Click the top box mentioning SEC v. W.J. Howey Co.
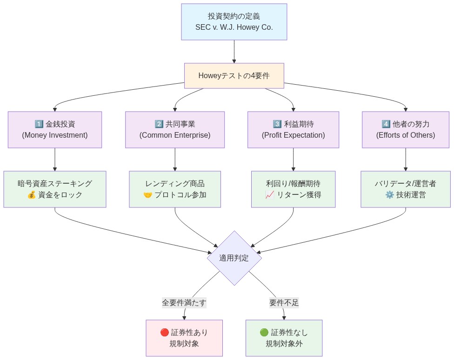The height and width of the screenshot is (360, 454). click(234, 22)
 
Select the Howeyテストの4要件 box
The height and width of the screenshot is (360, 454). click(234, 76)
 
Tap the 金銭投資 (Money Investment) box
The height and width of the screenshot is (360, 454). click(55, 130)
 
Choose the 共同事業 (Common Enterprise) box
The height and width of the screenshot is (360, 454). click(175, 130)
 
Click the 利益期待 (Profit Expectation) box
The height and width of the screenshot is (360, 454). click(293, 130)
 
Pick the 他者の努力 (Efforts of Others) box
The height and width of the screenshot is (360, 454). click(406, 130)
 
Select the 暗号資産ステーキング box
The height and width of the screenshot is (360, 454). click(55, 189)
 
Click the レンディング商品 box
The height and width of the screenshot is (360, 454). click(175, 189)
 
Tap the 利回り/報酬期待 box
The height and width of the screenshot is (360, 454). click(293, 189)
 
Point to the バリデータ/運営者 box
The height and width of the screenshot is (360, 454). click(406, 189)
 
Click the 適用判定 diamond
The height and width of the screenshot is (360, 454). click(234, 258)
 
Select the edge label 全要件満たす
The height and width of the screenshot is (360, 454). click(184, 303)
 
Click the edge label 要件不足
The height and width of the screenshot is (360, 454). click(284, 303)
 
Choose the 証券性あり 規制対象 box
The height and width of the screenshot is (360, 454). click(184, 338)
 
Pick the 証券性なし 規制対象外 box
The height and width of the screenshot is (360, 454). click(284, 338)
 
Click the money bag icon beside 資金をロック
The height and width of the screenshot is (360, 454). click(32, 195)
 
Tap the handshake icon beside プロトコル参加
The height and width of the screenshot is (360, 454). click(148, 195)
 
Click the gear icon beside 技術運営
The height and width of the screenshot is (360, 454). click(390, 195)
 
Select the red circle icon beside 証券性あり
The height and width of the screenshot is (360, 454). click(165, 333)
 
